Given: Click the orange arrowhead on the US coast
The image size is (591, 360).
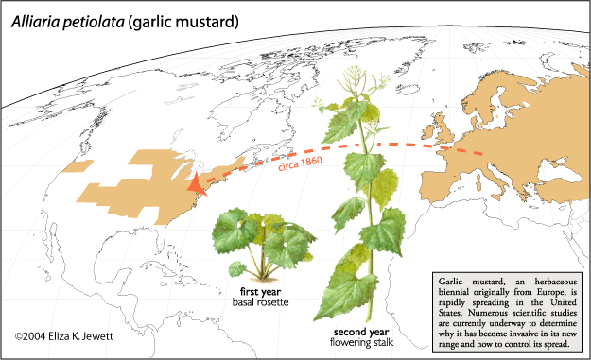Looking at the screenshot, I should point(194,185).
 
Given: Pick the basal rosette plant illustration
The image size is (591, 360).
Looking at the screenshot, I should point(258,241).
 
